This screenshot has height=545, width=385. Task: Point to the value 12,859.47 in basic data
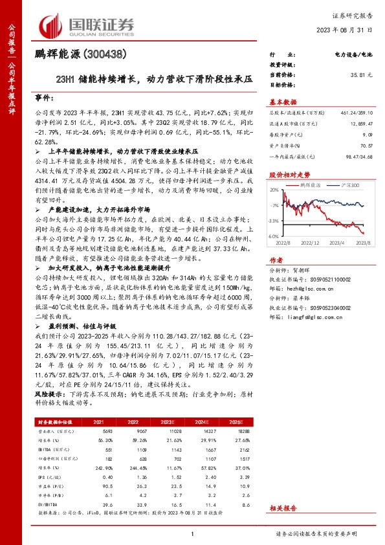tap(360, 122)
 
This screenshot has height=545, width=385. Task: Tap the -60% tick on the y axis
tap(274, 237)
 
